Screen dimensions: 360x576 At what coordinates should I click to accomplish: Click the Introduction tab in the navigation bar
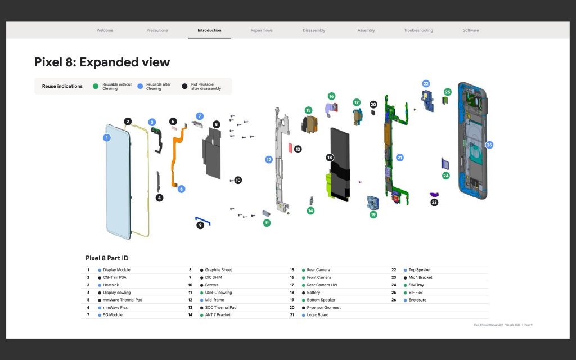click(x=209, y=30)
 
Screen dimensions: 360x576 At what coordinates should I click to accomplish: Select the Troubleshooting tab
click(x=418, y=30)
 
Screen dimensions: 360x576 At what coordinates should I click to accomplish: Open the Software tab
click(x=470, y=30)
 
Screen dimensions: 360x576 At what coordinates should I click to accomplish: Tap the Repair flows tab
click(x=262, y=30)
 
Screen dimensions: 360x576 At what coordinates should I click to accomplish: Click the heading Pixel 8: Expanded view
click(x=102, y=62)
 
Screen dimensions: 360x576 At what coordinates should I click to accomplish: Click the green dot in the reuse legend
click(x=96, y=86)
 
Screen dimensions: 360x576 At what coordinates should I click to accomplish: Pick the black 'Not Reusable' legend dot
click(x=184, y=86)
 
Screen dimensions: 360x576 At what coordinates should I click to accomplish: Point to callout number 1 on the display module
click(x=107, y=137)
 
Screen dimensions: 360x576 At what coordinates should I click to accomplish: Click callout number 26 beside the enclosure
click(x=489, y=145)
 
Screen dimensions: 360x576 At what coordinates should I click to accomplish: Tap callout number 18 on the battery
click(x=330, y=157)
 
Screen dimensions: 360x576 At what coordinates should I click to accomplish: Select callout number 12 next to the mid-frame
click(x=269, y=160)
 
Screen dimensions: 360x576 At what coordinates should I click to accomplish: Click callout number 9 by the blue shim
click(x=200, y=225)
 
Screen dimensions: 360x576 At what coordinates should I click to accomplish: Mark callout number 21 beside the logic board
click(x=400, y=157)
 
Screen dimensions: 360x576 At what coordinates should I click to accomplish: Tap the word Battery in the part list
click(x=313, y=292)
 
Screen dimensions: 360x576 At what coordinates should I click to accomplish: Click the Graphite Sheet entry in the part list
click(x=218, y=270)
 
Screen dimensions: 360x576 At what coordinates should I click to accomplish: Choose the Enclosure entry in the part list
click(x=417, y=300)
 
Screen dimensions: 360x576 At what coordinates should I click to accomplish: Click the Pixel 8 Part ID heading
click(x=107, y=258)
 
